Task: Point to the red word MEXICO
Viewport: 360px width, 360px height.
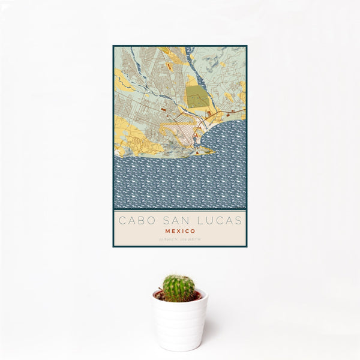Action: pyautogui.click(x=180, y=230)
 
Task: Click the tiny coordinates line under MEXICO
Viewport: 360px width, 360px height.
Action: pyautogui.click(x=180, y=239)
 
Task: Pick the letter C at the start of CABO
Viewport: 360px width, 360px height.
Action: pyautogui.click(x=122, y=220)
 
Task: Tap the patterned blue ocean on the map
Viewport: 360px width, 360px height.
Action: pyautogui.click(x=180, y=180)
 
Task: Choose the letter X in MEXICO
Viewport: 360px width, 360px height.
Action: pyautogui.click(x=178, y=230)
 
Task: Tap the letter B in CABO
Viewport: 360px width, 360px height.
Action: pyautogui.click(x=139, y=220)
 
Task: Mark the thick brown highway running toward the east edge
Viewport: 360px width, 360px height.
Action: pyautogui.click(x=231, y=112)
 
